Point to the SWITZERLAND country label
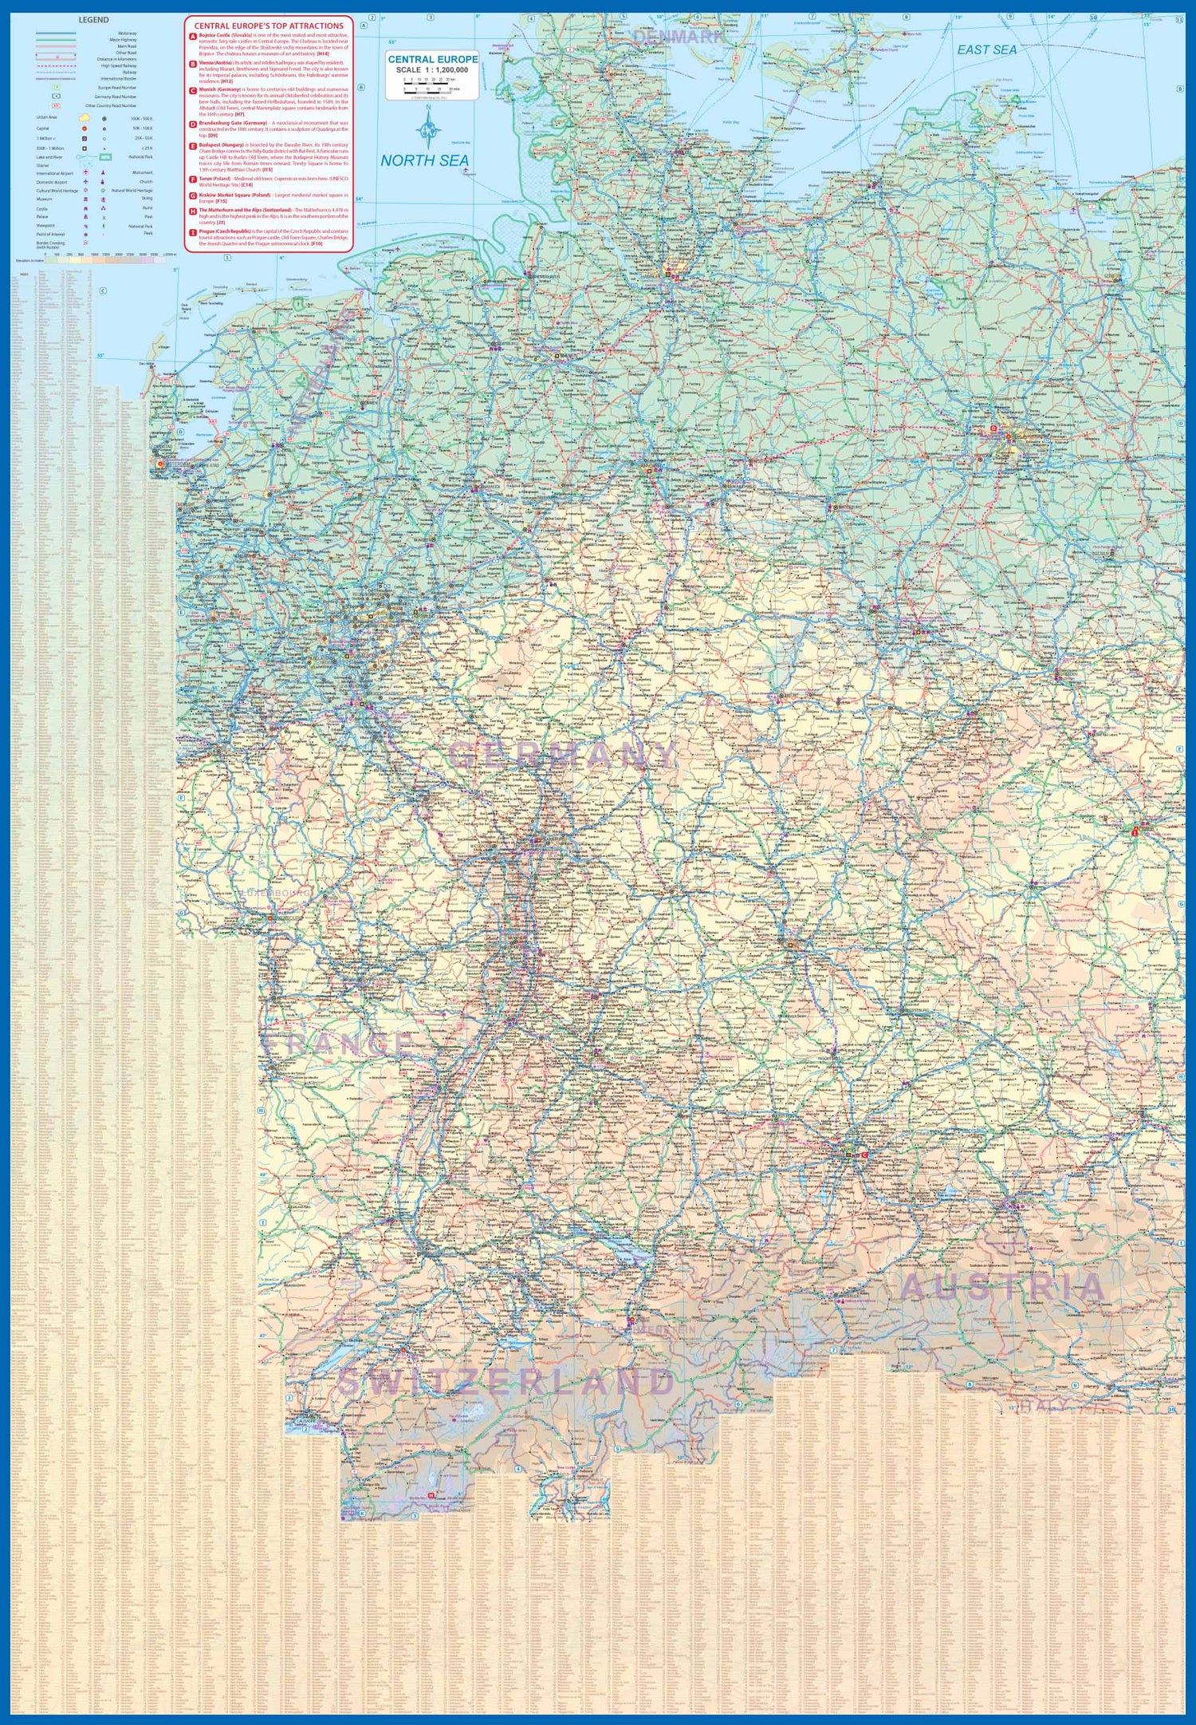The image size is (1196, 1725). pos(506,1381)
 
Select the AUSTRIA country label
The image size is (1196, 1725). pos(1002,1286)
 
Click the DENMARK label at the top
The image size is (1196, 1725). pos(679,37)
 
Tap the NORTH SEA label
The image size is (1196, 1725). pos(424,160)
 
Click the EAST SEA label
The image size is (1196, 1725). pos(987,49)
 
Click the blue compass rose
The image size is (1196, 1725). pos(429,128)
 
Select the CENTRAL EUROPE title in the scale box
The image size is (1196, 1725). pos(433,59)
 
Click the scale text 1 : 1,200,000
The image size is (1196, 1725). pos(433,70)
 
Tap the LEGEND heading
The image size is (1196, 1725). pos(93,20)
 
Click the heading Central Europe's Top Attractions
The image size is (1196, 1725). pos(269,26)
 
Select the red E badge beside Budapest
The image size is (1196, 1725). pos(192,146)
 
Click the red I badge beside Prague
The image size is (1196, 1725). pos(192,232)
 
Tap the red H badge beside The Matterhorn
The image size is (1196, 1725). pos(192,211)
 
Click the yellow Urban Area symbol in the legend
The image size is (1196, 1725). pos(84,117)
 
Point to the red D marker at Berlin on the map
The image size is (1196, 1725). pos(993,428)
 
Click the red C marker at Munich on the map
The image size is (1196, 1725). pos(864,1155)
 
